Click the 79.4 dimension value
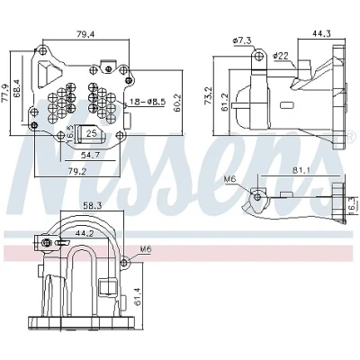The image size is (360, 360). [85, 34]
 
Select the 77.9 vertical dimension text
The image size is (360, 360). [5, 93]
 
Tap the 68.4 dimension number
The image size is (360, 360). [17, 89]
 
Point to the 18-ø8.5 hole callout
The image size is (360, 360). [148, 102]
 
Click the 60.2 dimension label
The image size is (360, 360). [177, 103]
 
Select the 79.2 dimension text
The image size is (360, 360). [76, 171]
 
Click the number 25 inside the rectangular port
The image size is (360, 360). [92, 133]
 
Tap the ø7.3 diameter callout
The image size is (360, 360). [242, 40]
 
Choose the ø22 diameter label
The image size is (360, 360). [281, 56]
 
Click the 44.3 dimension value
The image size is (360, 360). [321, 33]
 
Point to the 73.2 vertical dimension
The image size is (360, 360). [208, 95]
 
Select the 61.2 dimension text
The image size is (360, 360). [225, 102]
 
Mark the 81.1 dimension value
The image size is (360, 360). [301, 170]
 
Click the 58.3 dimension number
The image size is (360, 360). [92, 206]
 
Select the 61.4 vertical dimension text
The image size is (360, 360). [138, 295]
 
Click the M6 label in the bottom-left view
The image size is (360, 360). [146, 249]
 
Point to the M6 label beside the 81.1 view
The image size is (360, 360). [230, 179]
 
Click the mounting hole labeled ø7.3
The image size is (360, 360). [259, 56]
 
